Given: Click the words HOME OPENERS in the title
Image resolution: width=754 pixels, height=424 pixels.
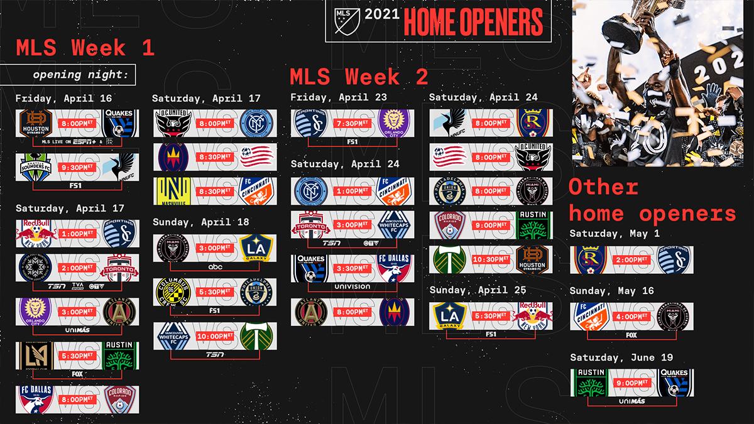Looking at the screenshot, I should (x=473, y=21).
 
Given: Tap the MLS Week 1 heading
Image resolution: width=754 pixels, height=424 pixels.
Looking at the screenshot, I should (x=85, y=48).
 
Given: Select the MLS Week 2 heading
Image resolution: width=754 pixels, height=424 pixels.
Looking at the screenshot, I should (x=359, y=77).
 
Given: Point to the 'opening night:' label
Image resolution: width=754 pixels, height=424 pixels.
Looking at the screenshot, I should (x=75, y=74).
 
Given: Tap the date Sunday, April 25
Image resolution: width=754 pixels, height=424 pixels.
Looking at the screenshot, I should (x=476, y=290).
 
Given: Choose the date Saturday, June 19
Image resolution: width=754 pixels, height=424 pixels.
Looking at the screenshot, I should (x=621, y=357).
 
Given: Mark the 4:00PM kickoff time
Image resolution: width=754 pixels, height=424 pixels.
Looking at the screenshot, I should (x=632, y=316).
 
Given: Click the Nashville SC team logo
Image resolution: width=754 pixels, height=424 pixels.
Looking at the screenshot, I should (x=170, y=191).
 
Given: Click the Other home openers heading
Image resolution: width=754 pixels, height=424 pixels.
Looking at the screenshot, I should (x=652, y=200).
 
